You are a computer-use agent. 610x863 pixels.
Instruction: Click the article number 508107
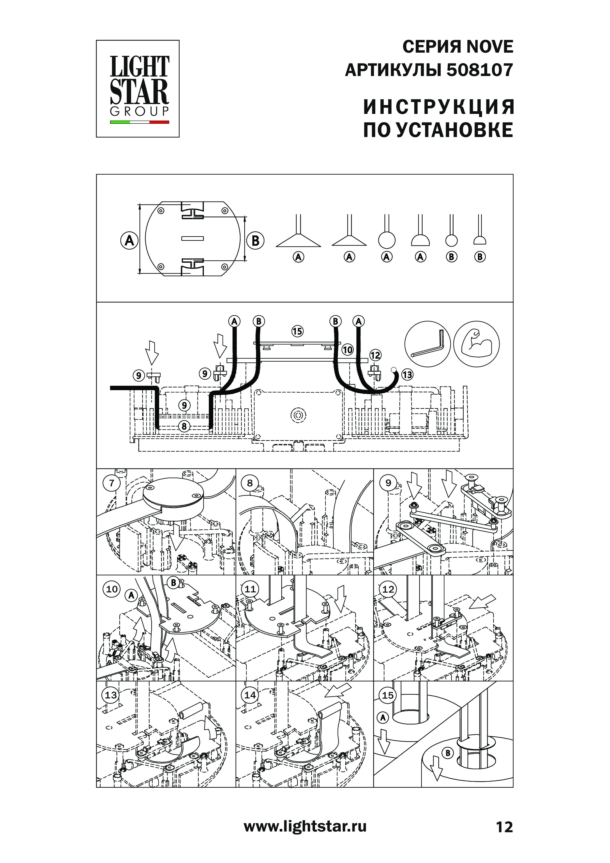[x=480, y=70]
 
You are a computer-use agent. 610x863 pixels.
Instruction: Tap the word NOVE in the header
[x=489, y=47]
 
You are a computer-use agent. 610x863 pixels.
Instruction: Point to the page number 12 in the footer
[x=504, y=827]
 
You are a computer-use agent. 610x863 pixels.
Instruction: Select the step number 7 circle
[x=112, y=483]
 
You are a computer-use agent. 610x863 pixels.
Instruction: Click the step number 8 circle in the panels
[x=250, y=483]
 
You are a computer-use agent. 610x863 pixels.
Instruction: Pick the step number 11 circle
[x=250, y=589]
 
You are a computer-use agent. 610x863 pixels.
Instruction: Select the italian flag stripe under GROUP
[x=139, y=122]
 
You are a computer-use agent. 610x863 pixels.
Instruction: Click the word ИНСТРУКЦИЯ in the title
[x=438, y=107]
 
